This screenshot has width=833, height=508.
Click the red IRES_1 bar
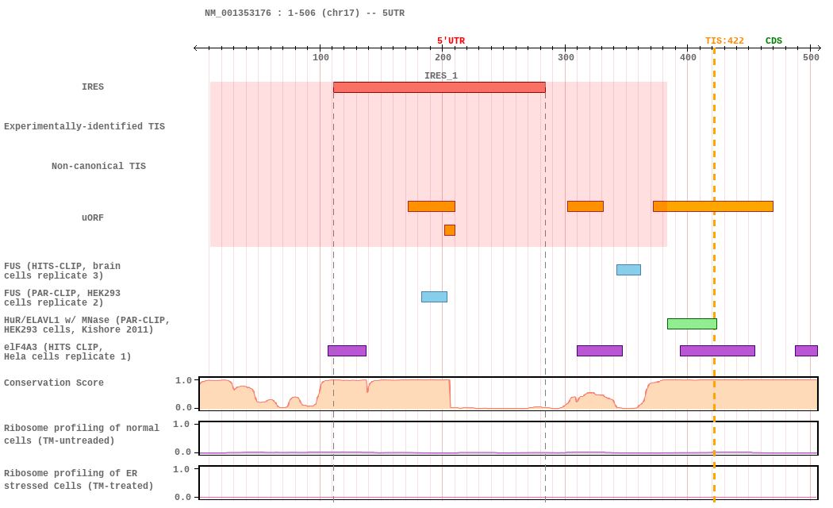coord(439,87)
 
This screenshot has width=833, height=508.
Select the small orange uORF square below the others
coord(450,230)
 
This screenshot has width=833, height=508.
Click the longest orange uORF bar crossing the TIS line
coord(712,206)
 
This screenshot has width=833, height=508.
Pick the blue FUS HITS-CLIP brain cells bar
coord(628,270)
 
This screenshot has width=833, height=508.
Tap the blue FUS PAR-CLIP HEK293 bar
coord(434,297)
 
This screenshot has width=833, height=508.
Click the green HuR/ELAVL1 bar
coord(692,324)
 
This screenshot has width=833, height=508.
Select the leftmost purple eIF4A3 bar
coord(347,351)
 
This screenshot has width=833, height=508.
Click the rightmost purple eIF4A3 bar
coord(806,351)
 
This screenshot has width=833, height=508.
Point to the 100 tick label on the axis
coord(321,57)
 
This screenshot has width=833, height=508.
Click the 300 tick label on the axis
coord(566,57)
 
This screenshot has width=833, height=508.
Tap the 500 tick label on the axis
coord(811,57)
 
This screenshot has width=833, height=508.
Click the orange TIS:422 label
coord(724,41)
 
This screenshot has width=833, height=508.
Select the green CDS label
coord(773,41)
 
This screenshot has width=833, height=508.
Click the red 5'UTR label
coord(451,41)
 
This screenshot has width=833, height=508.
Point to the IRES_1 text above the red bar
coord(440,76)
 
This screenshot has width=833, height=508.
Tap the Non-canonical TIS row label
coord(98,167)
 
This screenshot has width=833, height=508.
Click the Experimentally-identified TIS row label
coord(84,127)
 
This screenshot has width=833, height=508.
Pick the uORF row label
coord(93,218)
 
